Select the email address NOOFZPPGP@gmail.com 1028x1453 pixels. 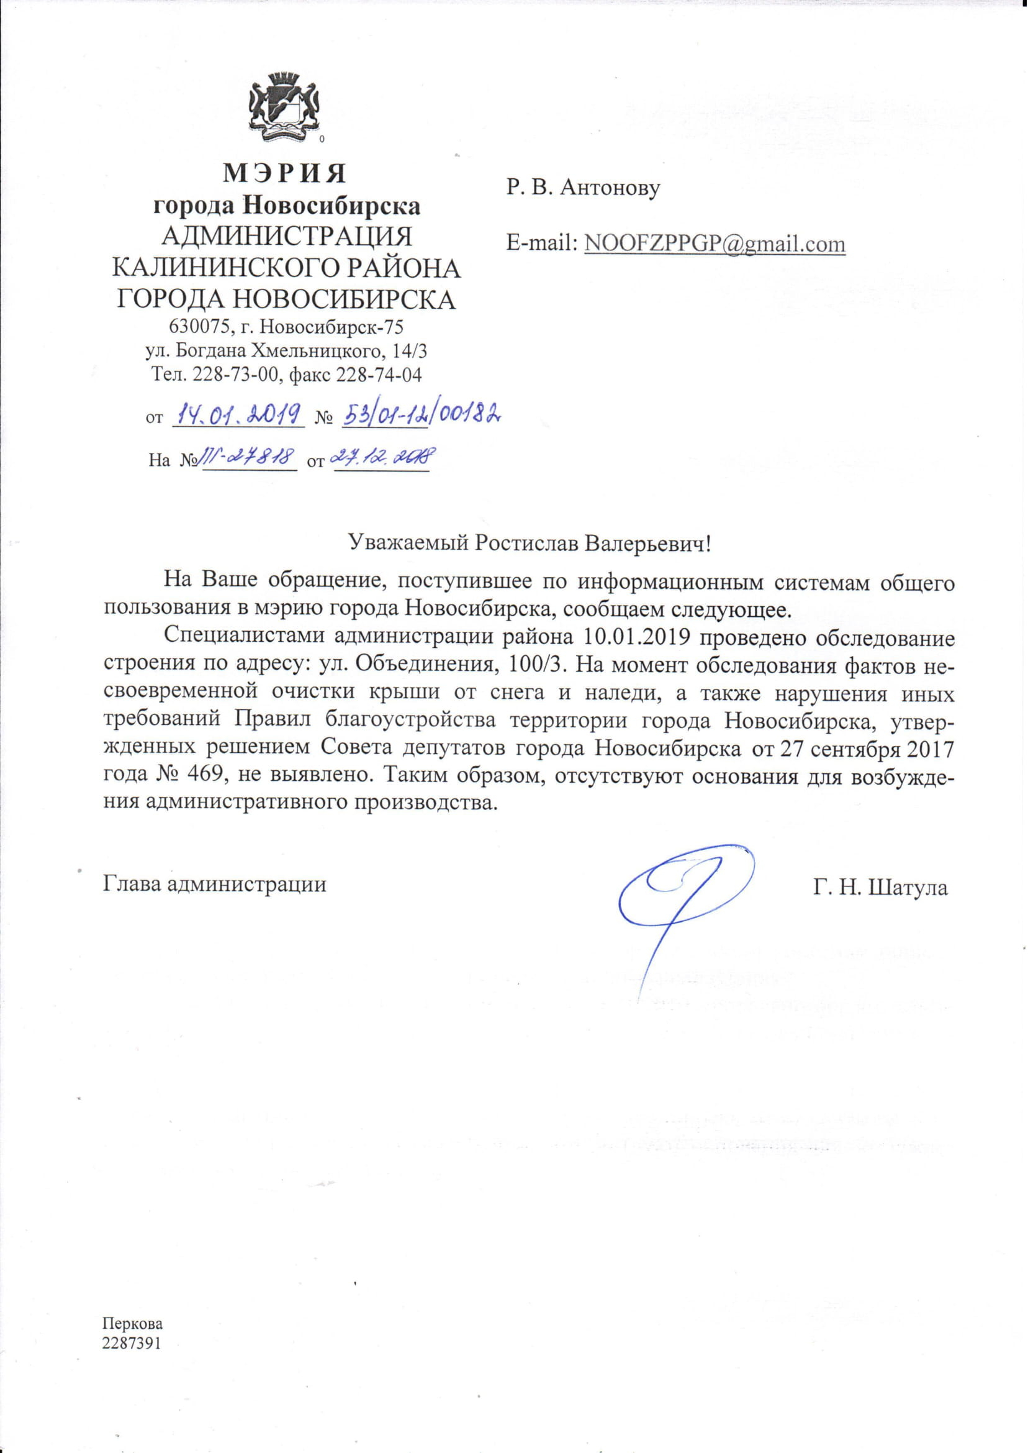715,244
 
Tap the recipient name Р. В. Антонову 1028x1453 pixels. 582,187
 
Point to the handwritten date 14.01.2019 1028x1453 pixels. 238,415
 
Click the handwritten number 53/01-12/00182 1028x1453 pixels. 422,414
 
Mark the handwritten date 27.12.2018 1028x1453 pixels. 382,457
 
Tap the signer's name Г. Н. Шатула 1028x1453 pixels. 880,888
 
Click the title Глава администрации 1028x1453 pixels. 215,883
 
